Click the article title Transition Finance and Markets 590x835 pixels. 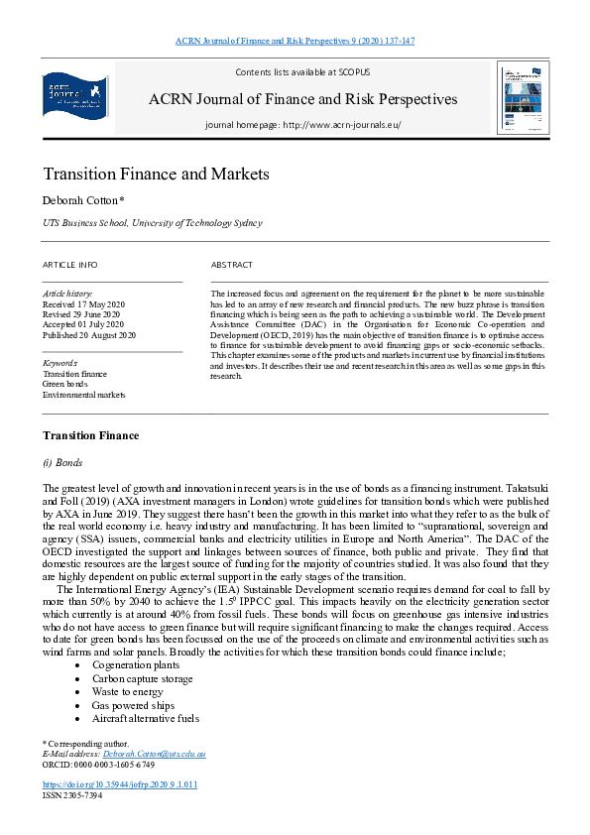click(x=156, y=174)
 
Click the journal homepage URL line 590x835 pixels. click(x=302, y=125)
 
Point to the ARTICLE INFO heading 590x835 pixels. click(x=69, y=265)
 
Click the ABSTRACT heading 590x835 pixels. click(x=231, y=265)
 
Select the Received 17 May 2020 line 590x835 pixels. click(x=83, y=303)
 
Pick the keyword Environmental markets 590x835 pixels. click(x=83, y=395)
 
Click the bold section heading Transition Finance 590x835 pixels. click(x=90, y=435)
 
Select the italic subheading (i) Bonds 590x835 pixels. click(x=62, y=463)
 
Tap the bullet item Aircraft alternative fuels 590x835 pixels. click(x=145, y=717)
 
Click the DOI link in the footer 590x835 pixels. click(x=120, y=783)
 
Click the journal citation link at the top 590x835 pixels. click(x=295, y=41)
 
